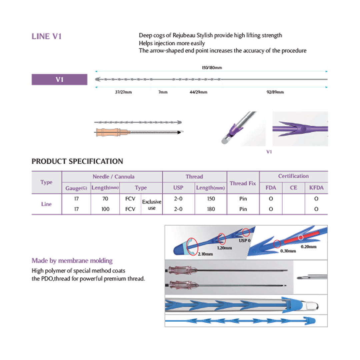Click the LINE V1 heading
click(x=46, y=36)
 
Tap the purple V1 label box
click(x=59, y=80)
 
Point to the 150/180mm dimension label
click(x=212, y=67)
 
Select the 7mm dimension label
click(x=163, y=92)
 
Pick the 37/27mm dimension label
click(x=123, y=92)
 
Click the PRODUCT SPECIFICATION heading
click(x=77, y=162)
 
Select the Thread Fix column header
click(x=243, y=183)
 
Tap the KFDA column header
click(x=316, y=188)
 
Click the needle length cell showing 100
click(x=105, y=209)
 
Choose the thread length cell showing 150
click(x=211, y=199)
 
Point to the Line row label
click(x=46, y=204)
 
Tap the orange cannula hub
click(x=106, y=132)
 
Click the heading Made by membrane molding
click(x=72, y=260)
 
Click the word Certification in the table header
click(x=293, y=176)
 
